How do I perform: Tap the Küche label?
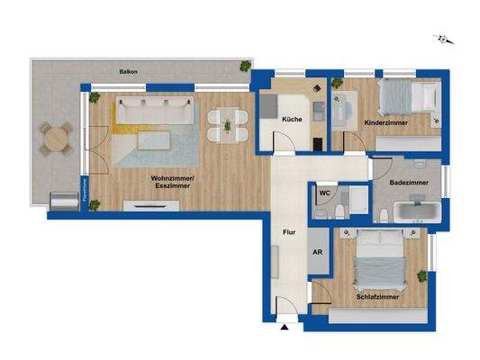point(291,120)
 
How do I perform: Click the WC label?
point(324,192)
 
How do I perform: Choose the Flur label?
point(289,231)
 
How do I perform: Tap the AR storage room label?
point(316,253)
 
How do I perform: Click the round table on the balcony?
point(55,139)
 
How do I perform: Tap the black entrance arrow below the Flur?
point(285,328)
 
